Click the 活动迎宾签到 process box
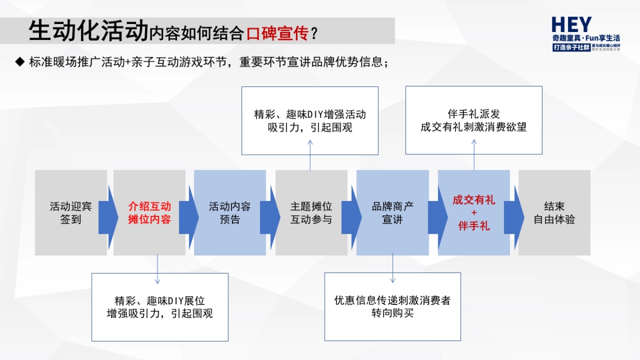70,212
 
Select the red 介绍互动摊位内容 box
149,212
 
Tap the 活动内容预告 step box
230,212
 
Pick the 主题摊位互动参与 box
311,212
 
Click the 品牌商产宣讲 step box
393,212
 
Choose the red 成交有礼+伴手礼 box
474,212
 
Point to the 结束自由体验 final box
555,212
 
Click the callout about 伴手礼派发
474,121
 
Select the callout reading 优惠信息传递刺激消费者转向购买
393,307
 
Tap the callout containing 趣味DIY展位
160,307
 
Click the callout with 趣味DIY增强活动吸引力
310,121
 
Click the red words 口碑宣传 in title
277,34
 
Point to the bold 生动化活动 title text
88,32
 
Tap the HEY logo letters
571,25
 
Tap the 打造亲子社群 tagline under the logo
571,48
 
